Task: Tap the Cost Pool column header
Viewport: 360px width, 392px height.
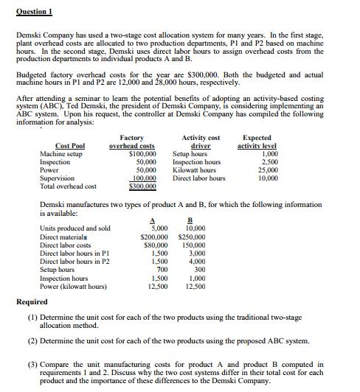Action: click(69, 147)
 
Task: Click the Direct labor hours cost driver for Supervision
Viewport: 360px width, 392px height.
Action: click(198, 178)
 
